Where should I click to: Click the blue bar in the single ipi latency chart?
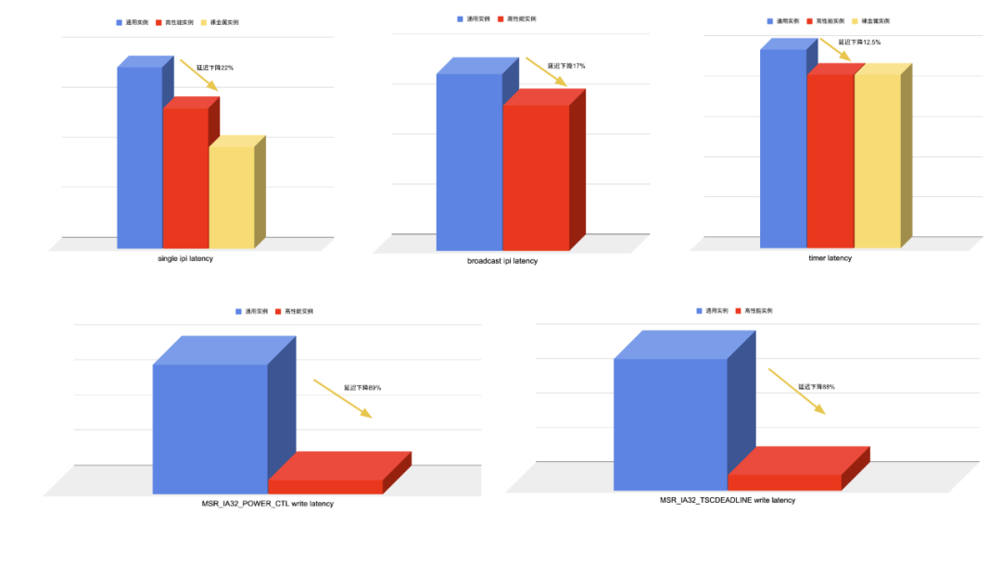coord(139,157)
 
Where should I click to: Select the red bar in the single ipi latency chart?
coord(185,178)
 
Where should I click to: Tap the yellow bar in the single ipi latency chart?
coord(231,197)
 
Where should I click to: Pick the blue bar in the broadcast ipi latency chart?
coord(469,162)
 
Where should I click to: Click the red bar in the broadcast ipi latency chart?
coord(536,178)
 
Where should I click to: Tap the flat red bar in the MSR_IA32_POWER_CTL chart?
coord(326,485)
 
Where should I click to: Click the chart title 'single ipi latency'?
coord(185,258)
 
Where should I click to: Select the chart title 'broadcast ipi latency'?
coord(502,261)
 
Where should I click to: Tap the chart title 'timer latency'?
coord(830,258)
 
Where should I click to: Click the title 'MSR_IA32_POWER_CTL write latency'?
coord(268,504)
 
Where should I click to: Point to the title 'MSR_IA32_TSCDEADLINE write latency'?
coord(728,500)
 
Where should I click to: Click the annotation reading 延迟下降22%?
coord(215,68)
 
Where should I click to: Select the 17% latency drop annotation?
coord(566,66)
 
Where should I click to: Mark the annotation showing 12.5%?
coord(859,42)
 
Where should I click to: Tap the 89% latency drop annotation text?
coord(362,388)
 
